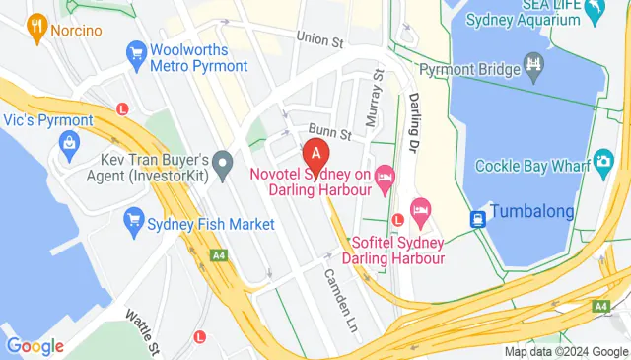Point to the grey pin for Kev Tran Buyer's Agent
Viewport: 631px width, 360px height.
tap(224, 159)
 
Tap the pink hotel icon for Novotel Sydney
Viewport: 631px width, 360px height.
tap(385, 175)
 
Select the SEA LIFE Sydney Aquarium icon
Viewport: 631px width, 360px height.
tap(594, 13)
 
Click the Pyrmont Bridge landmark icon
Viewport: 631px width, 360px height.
tap(533, 67)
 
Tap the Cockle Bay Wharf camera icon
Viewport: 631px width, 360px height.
tap(601, 162)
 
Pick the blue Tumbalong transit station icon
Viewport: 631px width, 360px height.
tap(478, 218)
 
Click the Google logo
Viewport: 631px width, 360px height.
tap(35, 346)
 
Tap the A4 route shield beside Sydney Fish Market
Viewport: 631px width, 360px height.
tap(217, 256)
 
